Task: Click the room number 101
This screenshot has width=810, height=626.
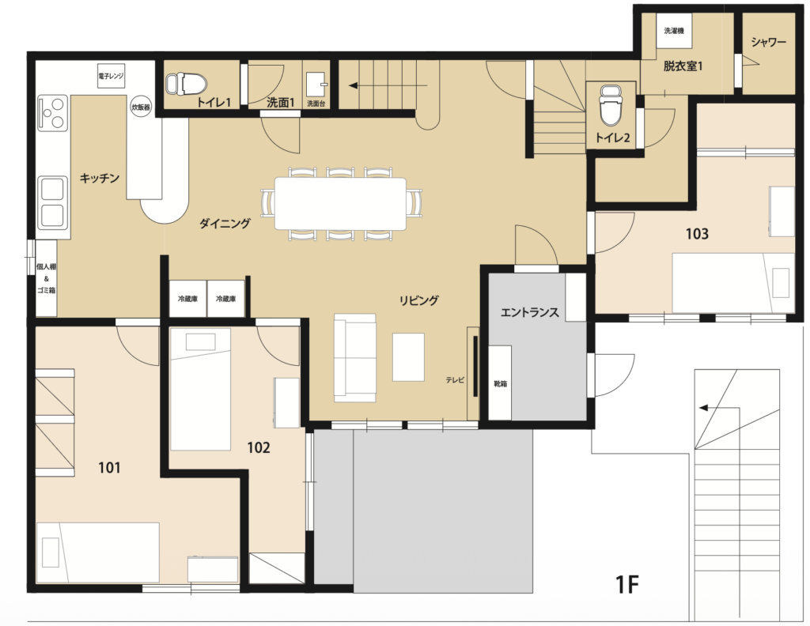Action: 109,468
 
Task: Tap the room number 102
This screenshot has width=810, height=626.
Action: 259,447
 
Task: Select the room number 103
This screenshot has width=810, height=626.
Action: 697,234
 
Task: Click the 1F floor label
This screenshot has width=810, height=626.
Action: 627,585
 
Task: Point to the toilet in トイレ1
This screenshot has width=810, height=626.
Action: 186,83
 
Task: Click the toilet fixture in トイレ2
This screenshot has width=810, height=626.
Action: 611,105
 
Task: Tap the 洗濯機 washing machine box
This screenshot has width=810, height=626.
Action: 674,31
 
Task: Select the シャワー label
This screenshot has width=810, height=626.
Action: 768,43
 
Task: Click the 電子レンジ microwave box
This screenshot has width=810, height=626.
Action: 111,76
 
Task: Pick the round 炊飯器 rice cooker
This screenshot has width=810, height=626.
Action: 141,107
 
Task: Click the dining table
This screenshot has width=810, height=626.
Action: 340,203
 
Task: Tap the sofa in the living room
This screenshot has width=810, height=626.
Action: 355,357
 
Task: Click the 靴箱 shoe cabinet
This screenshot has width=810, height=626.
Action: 500,383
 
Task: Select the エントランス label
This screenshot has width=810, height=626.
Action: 529,312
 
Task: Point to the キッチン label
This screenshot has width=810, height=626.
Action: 99,179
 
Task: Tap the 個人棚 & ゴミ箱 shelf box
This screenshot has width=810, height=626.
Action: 47,279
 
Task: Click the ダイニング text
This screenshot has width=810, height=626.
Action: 225,224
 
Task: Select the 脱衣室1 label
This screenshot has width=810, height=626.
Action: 683,66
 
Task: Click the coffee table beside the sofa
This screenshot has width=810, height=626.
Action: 408,357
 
